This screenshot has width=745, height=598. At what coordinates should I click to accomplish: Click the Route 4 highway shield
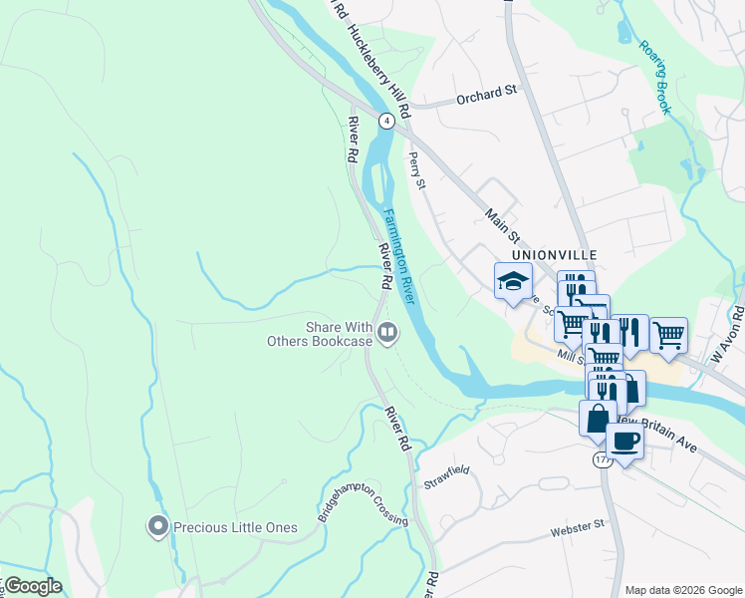(385, 119)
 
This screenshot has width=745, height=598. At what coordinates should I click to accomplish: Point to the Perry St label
(417, 169)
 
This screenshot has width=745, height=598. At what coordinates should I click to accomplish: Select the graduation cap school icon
(513, 281)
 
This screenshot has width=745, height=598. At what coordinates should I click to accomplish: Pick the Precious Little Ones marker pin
(156, 526)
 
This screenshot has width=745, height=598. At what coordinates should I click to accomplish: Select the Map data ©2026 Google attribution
(682, 590)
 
